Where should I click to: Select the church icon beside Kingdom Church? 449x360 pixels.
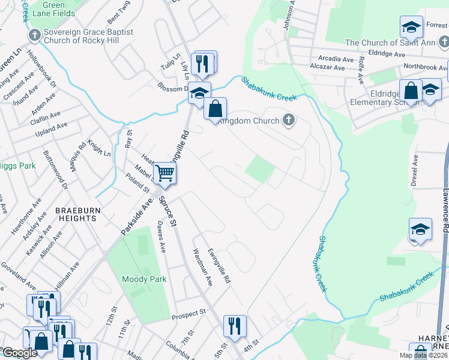(x=289, y=120)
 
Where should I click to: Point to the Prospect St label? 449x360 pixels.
(x=188, y=313)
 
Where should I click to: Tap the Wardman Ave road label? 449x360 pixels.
(x=202, y=267)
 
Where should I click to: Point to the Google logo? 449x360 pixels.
(x=20, y=353)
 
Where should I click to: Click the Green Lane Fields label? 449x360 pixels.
(x=53, y=8)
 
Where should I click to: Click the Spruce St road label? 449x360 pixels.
(x=166, y=211)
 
